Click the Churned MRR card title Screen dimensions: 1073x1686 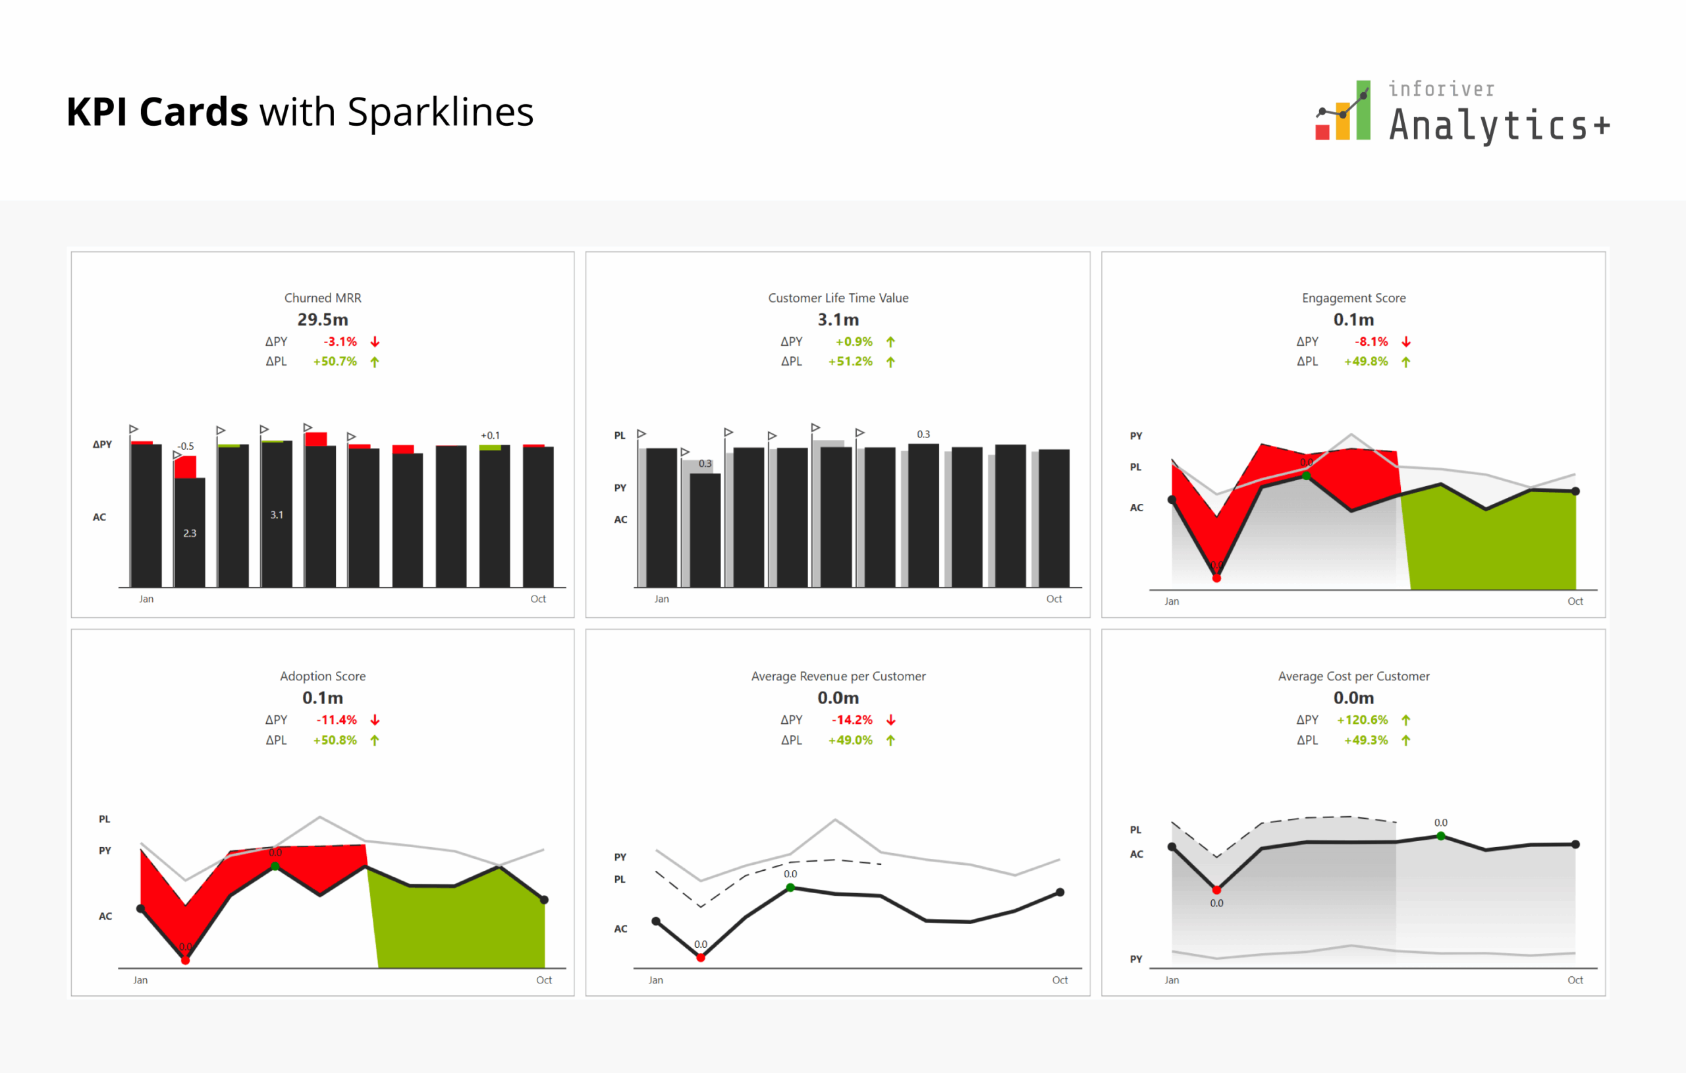(323, 298)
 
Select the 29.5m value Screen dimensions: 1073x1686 (323, 319)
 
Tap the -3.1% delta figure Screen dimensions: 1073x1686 (340, 342)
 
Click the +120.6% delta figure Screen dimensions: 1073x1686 (1362, 720)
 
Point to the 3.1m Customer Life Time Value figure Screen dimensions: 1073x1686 (838, 319)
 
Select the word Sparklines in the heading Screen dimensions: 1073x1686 (441, 112)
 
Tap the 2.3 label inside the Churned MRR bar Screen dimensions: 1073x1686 (190, 533)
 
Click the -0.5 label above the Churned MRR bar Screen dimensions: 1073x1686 (186, 446)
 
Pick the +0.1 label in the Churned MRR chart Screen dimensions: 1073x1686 (490, 435)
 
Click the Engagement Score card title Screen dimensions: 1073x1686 (1353, 298)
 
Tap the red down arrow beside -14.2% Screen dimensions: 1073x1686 (890, 720)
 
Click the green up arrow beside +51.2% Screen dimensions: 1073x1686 (890, 362)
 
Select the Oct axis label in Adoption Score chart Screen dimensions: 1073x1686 (544, 980)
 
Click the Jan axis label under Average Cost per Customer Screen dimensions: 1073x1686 (1172, 980)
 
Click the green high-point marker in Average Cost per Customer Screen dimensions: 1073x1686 (1441, 836)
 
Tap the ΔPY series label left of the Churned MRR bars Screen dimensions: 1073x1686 (102, 444)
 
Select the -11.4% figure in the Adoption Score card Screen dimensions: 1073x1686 (337, 720)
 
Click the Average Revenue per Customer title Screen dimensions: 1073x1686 (838, 676)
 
